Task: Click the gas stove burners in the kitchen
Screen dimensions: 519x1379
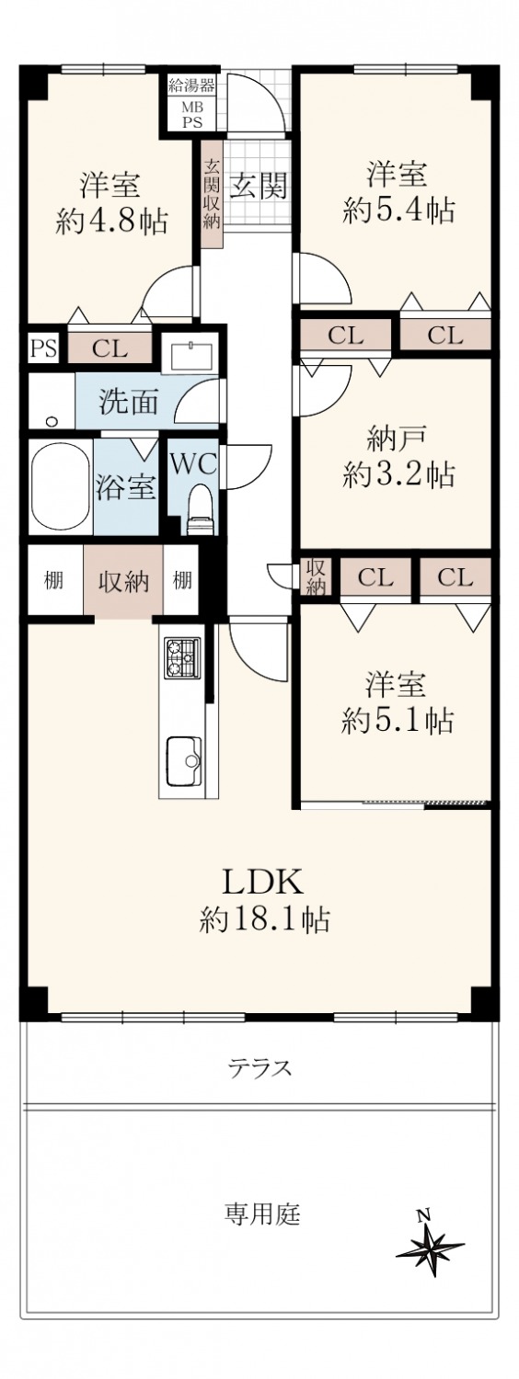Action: click(x=182, y=657)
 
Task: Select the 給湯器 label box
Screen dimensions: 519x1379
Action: click(x=191, y=85)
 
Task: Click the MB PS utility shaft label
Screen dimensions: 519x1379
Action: click(x=191, y=115)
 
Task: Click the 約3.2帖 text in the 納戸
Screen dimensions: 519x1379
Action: click(x=398, y=475)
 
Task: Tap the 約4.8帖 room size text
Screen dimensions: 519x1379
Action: click(x=111, y=221)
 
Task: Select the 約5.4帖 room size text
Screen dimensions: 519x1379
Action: click(x=398, y=211)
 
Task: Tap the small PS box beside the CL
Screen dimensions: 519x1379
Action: click(x=43, y=349)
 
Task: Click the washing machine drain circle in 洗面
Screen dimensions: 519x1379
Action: click(x=52, y=422)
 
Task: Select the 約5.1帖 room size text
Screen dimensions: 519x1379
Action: click(x=398, y=720)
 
